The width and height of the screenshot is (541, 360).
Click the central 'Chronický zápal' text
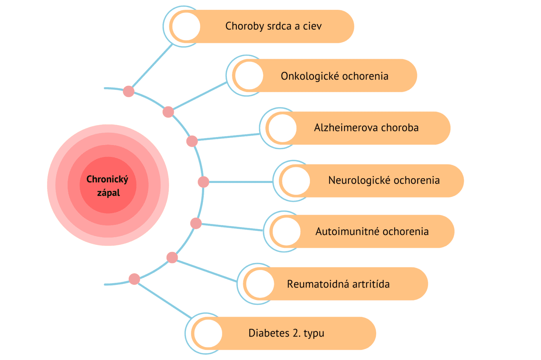coord(108,186)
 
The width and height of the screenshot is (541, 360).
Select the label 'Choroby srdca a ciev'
coord(273,26)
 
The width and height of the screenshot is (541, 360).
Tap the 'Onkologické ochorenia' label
coord(334,76)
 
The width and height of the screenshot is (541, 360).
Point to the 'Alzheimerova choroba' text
coord(366,128)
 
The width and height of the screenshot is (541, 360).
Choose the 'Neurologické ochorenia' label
coord(384,181)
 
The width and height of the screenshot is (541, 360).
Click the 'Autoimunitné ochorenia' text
coord(372,232)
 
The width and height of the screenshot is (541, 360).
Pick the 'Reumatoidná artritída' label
coord(338,284)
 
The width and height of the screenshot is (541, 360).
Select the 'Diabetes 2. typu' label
coord(286,333)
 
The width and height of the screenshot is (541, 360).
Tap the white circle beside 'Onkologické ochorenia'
coord(249,76)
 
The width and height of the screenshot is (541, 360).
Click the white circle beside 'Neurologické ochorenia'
coord(296,181)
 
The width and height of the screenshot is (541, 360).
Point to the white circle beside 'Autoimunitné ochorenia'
coord(286,232)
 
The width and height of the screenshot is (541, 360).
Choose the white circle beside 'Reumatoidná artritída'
coord(260,284)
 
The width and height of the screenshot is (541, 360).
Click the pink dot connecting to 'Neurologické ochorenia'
coord(204,182)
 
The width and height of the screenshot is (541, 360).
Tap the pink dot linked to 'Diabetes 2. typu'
coord(134,279)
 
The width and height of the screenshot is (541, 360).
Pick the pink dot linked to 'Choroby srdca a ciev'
coord(129,91)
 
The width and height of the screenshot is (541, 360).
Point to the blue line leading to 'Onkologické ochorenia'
coord(199,96)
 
